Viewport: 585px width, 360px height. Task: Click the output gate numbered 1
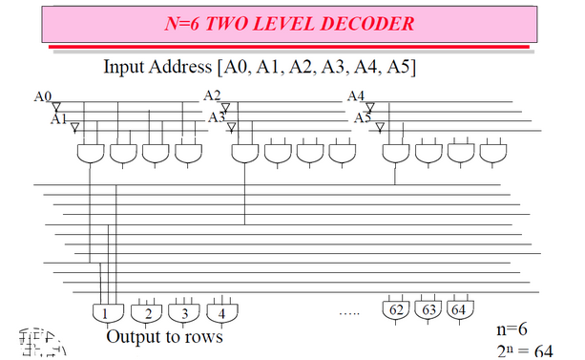click(103, 311)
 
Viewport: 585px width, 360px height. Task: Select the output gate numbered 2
click(147, 311)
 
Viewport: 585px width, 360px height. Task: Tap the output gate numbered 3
click(182, 311)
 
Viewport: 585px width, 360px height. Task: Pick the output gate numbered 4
click(221, 311)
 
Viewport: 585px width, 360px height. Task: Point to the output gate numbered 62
click(396, 309)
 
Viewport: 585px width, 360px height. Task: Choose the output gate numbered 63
click(428, 309)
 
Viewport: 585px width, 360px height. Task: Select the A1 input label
click(59, 118)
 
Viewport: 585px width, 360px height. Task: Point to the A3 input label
click(217, 117)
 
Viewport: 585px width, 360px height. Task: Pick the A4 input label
click(356, 95)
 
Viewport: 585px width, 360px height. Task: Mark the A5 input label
click(363, 117)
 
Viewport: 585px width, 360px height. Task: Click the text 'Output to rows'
click(164, 336)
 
